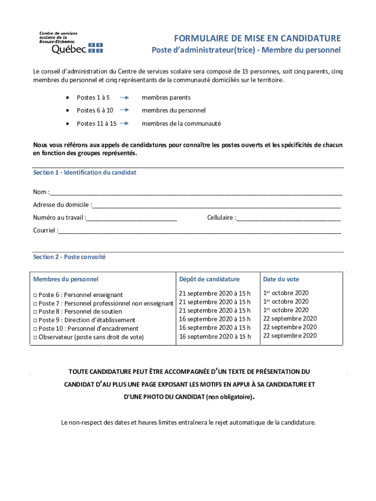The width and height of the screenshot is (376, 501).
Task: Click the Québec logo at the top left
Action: point(71,43)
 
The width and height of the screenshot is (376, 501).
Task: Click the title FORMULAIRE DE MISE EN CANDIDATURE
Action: point(257,38)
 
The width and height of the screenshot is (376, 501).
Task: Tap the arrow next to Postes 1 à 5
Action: point(124,98)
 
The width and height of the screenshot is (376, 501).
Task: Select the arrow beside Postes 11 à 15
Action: point(124,124)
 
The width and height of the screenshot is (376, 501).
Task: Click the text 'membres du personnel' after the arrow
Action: point(173,111)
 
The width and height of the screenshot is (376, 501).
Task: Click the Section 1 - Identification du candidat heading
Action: point(84,173)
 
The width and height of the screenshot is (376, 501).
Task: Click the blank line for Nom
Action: point(195,192)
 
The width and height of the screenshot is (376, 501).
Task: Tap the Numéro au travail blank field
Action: point(131,218)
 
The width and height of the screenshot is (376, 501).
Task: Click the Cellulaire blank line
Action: point(288,218)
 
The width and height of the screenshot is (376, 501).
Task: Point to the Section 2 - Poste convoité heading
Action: point(69,257)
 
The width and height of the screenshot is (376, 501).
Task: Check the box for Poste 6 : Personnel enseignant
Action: point(35,296)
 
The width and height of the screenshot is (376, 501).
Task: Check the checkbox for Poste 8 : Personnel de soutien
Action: point(35,312)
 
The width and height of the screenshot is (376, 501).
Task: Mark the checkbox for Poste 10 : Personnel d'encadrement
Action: point(35,329)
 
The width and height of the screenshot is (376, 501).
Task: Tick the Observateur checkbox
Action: point(35,338)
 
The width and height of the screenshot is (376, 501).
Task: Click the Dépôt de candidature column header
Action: point(209,279)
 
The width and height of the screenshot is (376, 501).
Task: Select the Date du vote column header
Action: point(281,279)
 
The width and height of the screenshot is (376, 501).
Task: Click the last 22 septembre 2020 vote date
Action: point(290,336)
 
